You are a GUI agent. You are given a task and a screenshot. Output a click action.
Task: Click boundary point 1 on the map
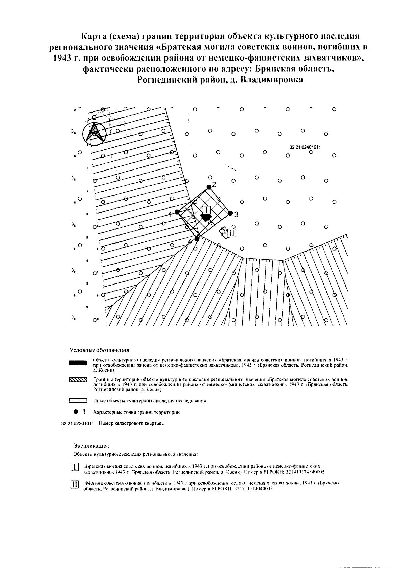177,212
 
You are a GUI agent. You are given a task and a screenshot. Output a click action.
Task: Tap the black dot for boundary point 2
209,187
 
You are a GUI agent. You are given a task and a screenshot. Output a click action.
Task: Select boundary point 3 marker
230,213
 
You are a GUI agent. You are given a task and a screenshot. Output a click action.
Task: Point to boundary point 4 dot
197,238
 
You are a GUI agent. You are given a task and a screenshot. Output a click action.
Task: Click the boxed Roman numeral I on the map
207,210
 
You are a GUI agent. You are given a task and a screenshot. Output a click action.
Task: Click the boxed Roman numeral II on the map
232,233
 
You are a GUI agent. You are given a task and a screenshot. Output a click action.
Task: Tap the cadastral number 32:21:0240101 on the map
305,147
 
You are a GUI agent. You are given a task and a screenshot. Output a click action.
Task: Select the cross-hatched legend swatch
78,380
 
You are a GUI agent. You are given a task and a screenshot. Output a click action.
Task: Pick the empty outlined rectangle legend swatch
78,400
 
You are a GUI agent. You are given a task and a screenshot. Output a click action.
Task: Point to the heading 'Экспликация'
91,446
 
